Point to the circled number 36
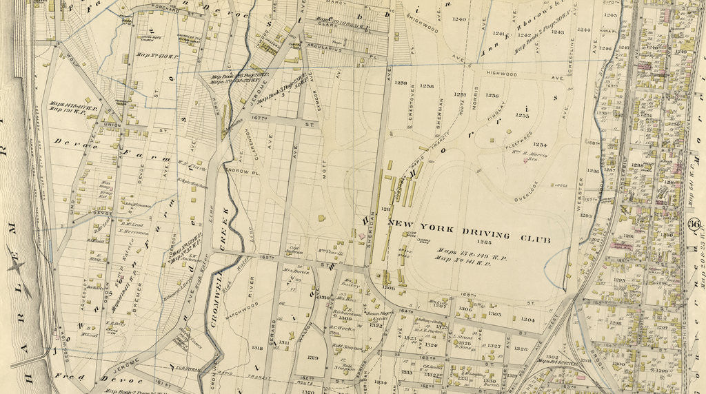[694, 224]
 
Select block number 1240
[459, 19]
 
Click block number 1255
[522, 116]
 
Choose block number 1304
[527, 319]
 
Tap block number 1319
[312, 357]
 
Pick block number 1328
[521, 349]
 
